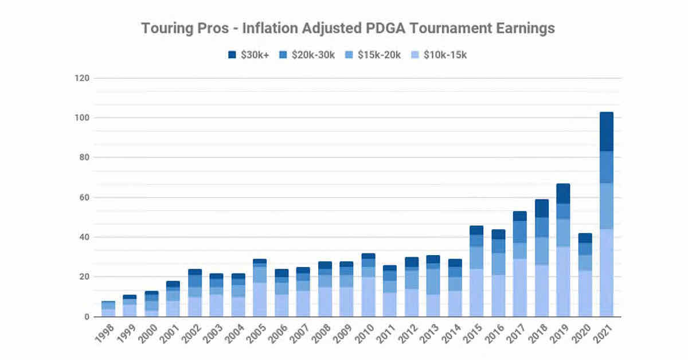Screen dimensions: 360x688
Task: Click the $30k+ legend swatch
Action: [232, 55]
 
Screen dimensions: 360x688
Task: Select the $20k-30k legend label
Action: [313, 55]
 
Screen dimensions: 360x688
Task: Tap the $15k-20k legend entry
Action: [378, 55]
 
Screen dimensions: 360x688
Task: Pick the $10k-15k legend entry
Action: [444, 55]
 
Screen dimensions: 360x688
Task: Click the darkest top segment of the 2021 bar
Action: [606, 131]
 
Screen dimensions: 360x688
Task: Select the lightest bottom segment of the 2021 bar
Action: [606, 273]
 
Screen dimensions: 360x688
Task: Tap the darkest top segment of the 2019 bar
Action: [563, 193]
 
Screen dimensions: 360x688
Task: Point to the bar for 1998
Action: [108, 309]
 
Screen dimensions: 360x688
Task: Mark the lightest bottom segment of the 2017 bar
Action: [520, 287]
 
